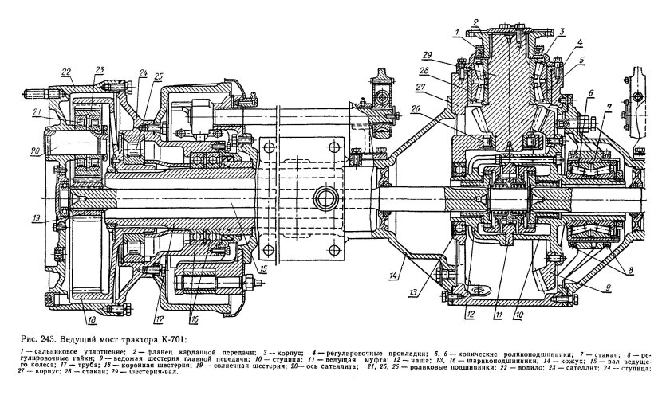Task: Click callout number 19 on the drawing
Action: point(36,217)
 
